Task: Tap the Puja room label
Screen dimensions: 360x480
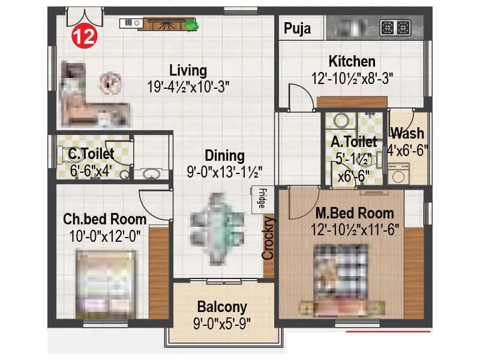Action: [298, 28]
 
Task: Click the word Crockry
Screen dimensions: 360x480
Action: [268, 238]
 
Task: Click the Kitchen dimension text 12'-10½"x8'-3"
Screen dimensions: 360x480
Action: [352, 77]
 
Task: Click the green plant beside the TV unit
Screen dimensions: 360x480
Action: [192, 25]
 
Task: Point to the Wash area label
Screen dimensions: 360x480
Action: [407, 133]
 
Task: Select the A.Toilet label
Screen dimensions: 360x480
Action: [353, 142]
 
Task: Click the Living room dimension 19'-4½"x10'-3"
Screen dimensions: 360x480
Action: [188, 86]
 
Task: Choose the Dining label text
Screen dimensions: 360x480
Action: [224, 156]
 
